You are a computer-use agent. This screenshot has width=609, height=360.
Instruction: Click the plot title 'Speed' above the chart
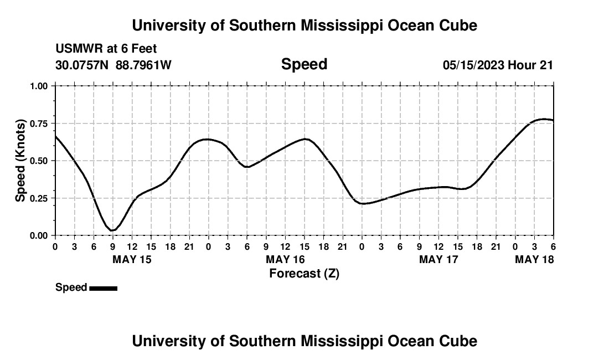coord(304,64)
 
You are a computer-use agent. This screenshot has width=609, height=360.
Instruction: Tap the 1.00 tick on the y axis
coord(40,86)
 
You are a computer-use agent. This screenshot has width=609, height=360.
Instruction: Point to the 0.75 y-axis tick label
coord(40,124)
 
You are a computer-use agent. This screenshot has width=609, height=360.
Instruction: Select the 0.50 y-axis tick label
coord(40,161)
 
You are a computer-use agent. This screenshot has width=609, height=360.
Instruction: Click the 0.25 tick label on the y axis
coord(40,198)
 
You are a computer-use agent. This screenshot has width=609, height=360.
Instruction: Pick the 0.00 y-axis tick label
coord(40,235)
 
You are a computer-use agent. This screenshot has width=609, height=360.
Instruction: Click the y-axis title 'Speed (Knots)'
coord(20,161)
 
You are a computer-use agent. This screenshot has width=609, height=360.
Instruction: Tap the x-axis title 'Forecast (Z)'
coord(304,273)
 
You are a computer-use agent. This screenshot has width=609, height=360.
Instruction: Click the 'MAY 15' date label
coord(132,259)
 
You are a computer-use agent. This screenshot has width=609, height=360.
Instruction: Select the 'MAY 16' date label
coord(285,259)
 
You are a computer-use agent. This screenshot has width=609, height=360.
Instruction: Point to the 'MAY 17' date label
coord(438,259)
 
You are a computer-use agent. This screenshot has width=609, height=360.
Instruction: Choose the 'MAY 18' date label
coord(534,259)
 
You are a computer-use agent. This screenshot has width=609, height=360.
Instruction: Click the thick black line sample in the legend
coord(103,288)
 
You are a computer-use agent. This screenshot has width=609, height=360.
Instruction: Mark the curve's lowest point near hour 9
coord(112,230)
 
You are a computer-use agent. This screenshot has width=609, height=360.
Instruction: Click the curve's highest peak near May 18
coord(543,119)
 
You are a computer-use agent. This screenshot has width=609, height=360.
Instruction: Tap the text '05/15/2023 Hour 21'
coord(498,65)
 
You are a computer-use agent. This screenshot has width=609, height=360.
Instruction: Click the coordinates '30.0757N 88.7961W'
coord(113,65)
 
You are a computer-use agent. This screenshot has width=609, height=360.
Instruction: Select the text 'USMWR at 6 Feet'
coord(106,49)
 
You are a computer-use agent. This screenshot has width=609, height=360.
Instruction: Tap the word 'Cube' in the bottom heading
coord(459,341)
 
